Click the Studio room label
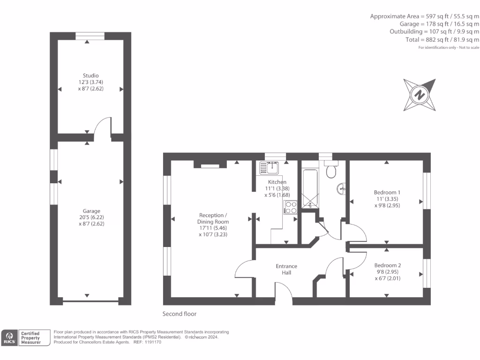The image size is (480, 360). pyautogui.click(x=90, y=75)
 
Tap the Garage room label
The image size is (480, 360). pyautogui.click(x=91, y=211)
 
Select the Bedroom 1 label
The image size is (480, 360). pyautogui.click(x=387, y=192)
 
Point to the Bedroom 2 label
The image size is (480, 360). pyautogui.click(x=388, y=265)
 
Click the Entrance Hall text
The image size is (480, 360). pyautogui.click(x=286, y=270)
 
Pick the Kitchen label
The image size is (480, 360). pyautogui.click(x=277, y=182)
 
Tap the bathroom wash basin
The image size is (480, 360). pyautogui.click(x=342, y=188)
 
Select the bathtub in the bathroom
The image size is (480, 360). pyautogui.click(x=310, y=188)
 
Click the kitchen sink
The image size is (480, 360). pyautogui.click(x=269, y=168)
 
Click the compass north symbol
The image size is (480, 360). pyautogui.click(x=420, y=95)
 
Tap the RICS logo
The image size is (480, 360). pyautogui.click(x=9, y=337)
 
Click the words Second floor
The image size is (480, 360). pyautogui.click(x=180, y=314)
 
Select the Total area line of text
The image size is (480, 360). pyautogui.click(x=442, y=39)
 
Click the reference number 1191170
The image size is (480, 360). pyautogui.click(x=153, y=342)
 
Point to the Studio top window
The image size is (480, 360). pyautogui.click(x=90, y=36)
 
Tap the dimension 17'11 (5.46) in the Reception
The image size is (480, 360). pyautogui.click(x=213, y=228)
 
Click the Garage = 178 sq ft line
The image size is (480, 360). pyautogui.click(x=439, y=24)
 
